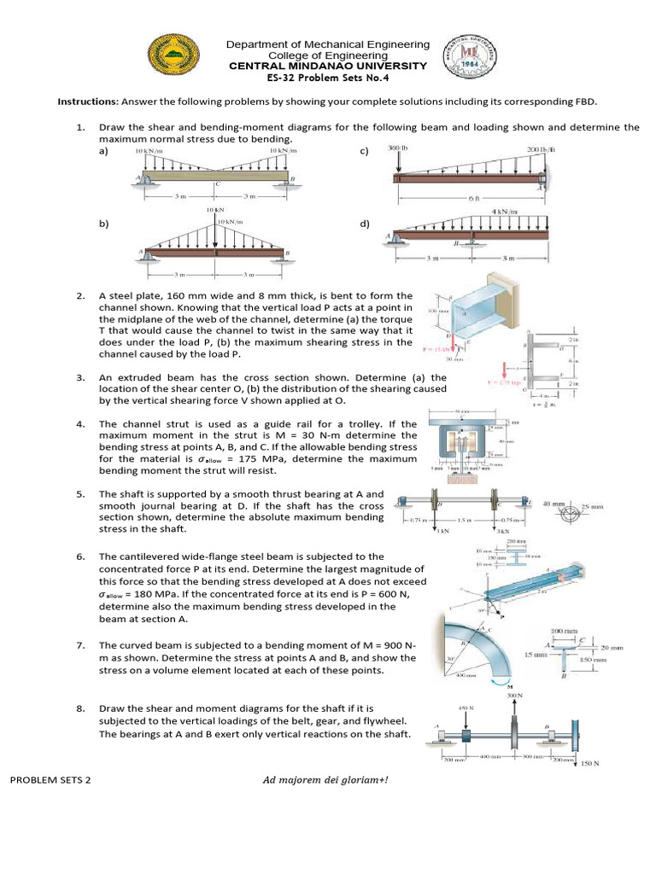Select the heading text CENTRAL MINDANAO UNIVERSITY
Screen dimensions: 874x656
(327, 66)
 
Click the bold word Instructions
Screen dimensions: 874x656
(86, 101)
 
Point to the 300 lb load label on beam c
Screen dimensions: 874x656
(399, 149)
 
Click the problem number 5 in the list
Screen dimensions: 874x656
(79, 493)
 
